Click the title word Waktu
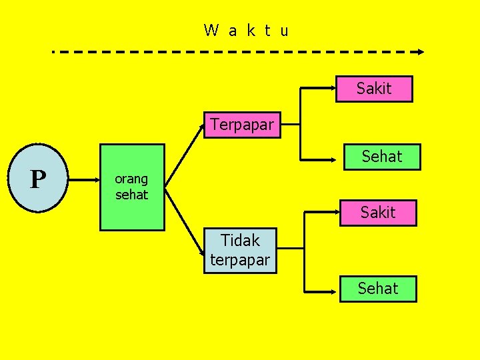247,30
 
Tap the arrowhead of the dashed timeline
420,51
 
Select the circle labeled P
39,179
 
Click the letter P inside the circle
38,179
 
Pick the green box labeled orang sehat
132,187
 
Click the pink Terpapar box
242,125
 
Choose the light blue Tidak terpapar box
239,249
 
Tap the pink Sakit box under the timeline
374,89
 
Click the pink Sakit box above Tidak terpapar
378,213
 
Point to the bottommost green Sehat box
378,289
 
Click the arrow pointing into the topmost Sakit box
319,87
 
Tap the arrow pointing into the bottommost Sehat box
322,291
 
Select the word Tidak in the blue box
240,239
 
